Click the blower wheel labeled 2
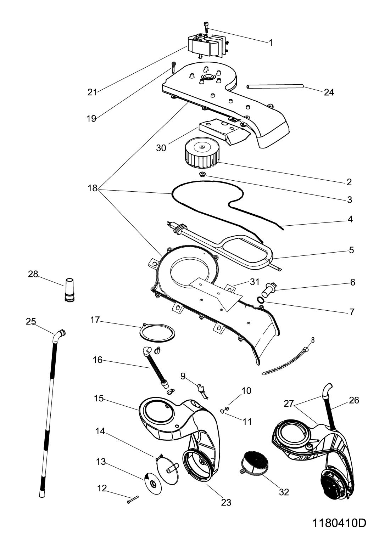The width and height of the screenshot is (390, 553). [202, 153]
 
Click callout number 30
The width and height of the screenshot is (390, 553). [161, 148]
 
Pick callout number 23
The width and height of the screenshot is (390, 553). [226, 502]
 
